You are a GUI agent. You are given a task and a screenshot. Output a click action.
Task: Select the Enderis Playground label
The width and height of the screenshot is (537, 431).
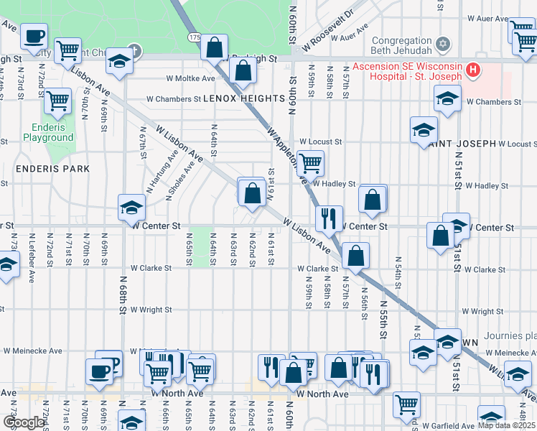[x=48, y=132]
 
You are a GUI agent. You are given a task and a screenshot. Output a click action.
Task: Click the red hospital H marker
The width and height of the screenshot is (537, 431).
[x=472, y=69]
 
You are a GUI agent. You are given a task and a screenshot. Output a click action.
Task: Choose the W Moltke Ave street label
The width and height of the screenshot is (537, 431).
[x=190, y=78]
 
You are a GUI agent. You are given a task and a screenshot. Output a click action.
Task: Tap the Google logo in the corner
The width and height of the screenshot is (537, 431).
[x=23, y=422]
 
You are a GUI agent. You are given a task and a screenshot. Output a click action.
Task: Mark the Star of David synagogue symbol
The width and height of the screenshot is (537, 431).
[x=443, y=45]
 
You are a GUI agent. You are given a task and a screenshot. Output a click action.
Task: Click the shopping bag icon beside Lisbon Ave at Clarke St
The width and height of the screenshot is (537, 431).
[x=355, y=254]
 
